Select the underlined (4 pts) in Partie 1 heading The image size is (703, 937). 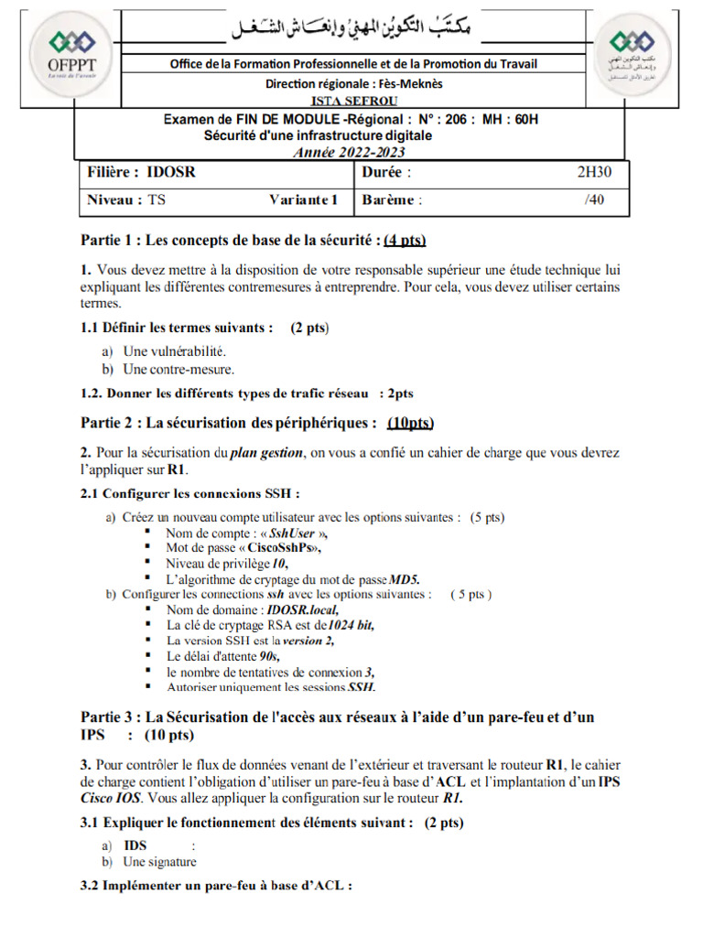[x=406, y=241]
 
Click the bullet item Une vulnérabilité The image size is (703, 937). [x=174, y=350]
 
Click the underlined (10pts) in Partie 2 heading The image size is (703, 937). [x=410, y=423]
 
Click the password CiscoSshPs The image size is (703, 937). [x=279, y=548]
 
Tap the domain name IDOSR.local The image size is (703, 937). [x=303, y=609]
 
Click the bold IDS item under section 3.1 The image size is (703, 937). [x=135, y=845]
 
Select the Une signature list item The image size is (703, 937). [x=159, y=862]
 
